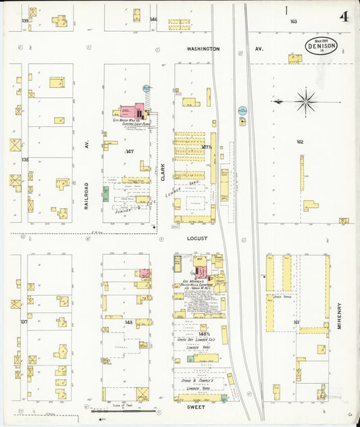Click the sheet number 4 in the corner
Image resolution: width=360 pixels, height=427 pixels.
(344, 16)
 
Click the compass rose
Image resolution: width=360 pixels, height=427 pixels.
(305, 102)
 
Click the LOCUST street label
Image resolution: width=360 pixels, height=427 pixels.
(197, 238)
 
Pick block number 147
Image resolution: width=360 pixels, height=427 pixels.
(130, 151)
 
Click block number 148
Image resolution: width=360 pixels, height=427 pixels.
(128, 322)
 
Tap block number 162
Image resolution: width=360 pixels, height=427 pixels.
(300, 142)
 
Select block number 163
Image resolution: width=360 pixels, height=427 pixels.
(293, 22)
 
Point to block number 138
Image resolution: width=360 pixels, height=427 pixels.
(25, 159)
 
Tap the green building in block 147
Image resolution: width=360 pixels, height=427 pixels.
(105, 195)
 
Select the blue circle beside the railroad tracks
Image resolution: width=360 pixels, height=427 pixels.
(242, 109)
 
